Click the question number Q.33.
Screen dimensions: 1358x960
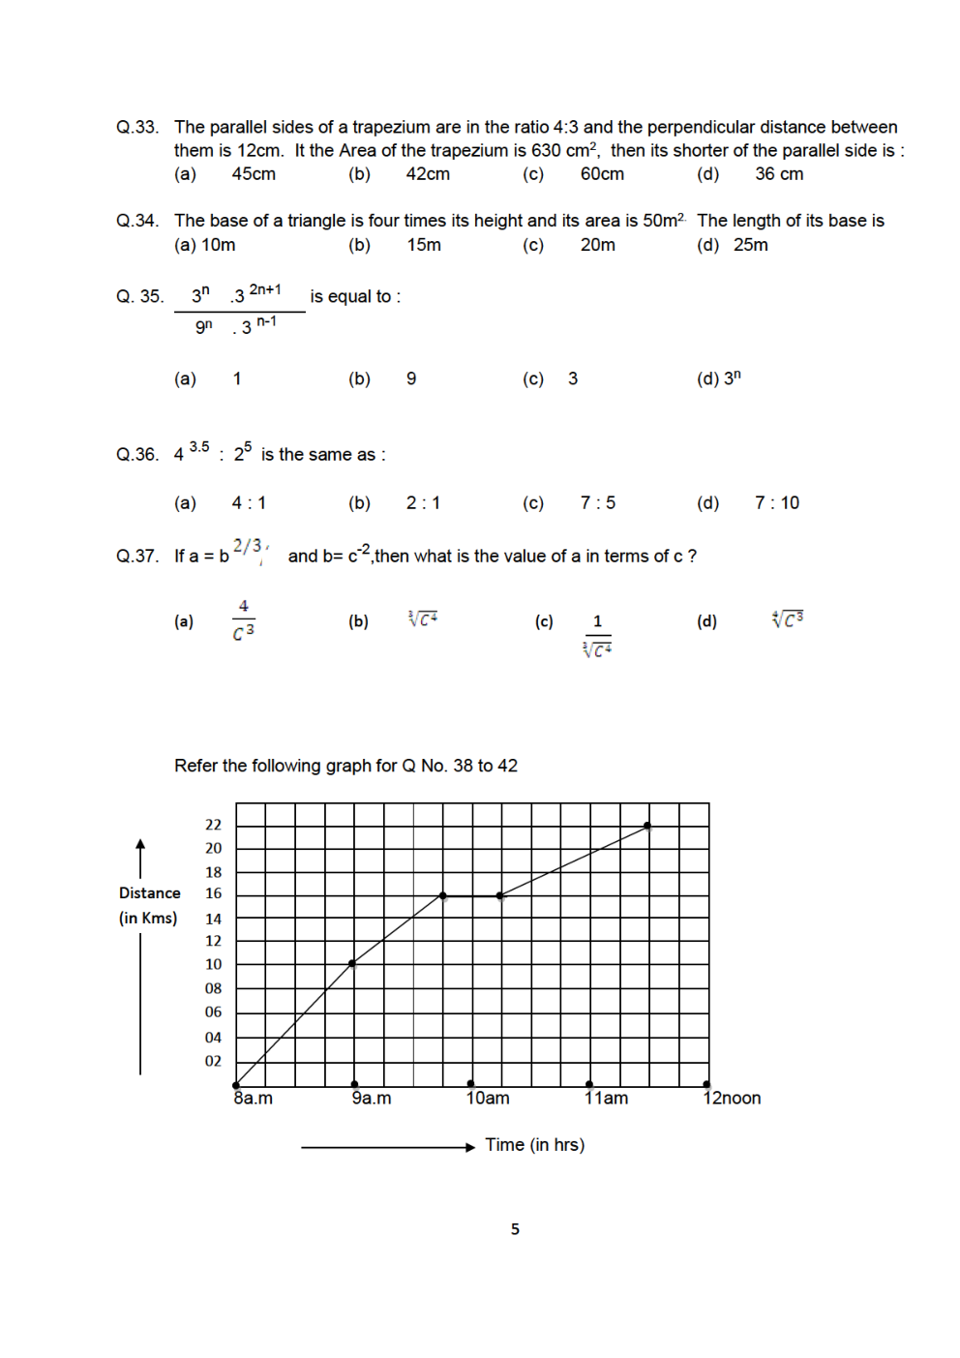[x=136, y=127]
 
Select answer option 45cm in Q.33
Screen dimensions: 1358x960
[x=254, y=174]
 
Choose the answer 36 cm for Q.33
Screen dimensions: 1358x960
[x=779, y=174]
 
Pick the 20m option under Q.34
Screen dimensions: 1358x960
[x=598, y=245]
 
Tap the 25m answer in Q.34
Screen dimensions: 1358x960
[x=751, y=245]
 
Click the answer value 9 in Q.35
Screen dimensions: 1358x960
[x=411, y=378]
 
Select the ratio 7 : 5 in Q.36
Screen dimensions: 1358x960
[x=598, y=502]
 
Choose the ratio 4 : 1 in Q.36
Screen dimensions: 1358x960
[x=249, y=502]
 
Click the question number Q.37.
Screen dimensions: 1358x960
[x=136, y=556]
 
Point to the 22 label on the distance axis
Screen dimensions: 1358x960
[x=213, y=825]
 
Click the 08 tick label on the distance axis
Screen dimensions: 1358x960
[x=213, y=988]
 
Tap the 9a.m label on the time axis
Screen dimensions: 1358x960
[x=372, y=1099]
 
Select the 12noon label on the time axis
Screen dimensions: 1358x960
[x=732, y=1099]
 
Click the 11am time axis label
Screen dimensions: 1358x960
[x=607, y=1099]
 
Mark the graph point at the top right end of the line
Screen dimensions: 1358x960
[x=647, y=827]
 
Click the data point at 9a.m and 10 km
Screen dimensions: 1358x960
[x=352, y=963]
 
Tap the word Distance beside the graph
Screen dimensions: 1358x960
[x=150, y=892]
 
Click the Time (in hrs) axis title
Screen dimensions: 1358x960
[x=534, y=1145]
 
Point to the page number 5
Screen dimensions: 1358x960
[x=515, y=1229]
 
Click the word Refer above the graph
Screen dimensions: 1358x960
[x=195, y=766]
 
